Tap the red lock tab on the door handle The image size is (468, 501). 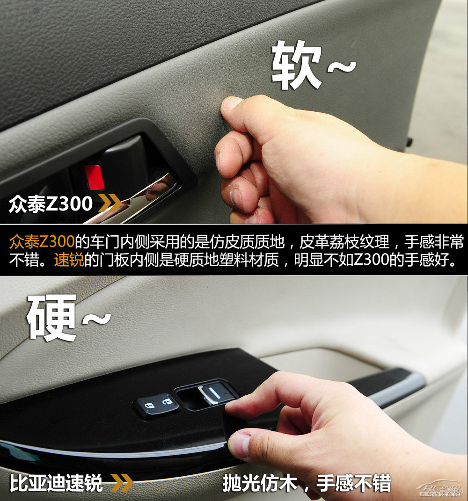pos(95,177)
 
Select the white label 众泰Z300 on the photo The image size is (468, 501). pos(51,204)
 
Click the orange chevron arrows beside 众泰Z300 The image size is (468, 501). pos(110,204)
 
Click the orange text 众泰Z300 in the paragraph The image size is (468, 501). pos(42,242)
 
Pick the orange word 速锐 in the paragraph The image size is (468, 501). pos(69,260)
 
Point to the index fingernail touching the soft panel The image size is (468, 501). pos(232,103)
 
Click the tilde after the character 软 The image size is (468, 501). pos(341,68)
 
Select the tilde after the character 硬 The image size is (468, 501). pos(96,319)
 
